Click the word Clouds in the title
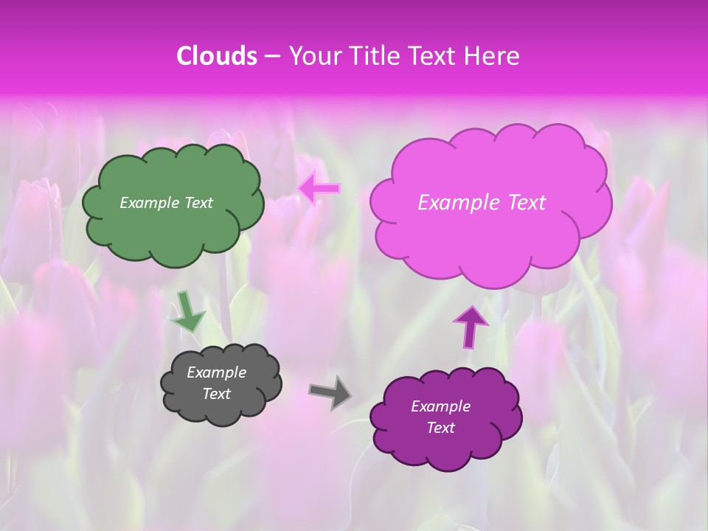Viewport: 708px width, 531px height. (x=217, y=56)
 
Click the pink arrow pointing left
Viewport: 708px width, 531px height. (x=320, y=189)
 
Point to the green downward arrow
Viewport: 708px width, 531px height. (x=187, y=311)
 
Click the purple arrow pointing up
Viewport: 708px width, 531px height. (x=471, y=325)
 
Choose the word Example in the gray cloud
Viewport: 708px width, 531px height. (x=216, y=372)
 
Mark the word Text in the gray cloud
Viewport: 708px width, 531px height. (x=216, y=394)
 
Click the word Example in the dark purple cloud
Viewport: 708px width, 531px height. (x=440, y=406)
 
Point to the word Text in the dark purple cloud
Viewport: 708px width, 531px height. (x=440, y=428)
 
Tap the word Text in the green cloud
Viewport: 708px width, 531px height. (x=198, y=203)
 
